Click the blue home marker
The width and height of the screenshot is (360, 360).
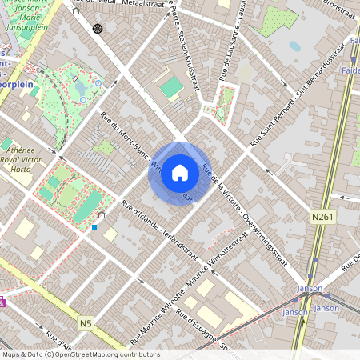tap(179, 173)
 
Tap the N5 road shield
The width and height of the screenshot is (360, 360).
tap(86, 323)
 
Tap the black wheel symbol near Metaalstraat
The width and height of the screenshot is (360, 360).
tap(98, 29)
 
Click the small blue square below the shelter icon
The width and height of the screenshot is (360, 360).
tap(94, 227)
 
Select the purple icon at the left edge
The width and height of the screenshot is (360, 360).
tap(2, 302)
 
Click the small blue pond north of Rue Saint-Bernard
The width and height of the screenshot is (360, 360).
tap(295, 46)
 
